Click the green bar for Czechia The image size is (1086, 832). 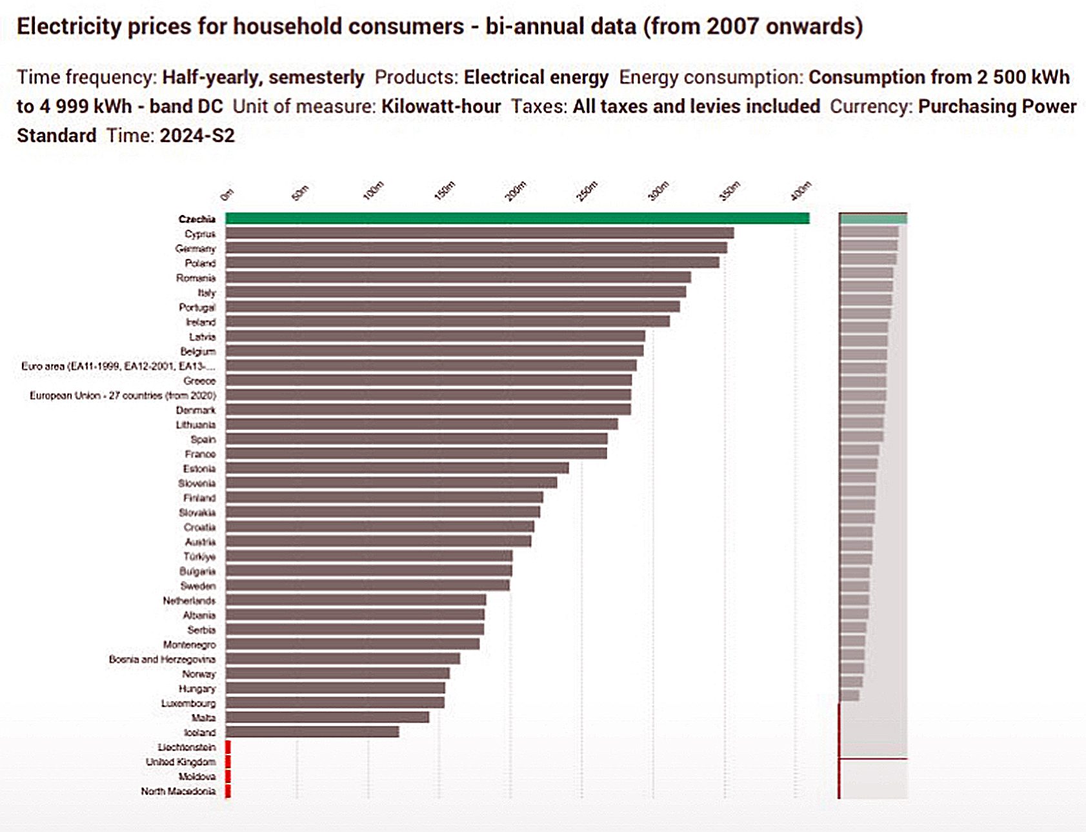coord(516,219)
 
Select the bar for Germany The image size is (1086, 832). coord(476,248)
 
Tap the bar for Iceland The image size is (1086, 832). coord(312,732)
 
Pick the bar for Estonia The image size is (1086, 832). coord(397,468)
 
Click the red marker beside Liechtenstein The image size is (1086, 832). coord(228,747)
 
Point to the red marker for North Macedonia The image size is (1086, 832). coord(228,791)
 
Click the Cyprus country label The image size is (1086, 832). coord(200,234)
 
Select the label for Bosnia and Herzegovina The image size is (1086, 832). coord(162,659)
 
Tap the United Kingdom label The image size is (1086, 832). coord(181,762)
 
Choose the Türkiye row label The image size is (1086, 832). coord(199,556)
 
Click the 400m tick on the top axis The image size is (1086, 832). coord(801,191)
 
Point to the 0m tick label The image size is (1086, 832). coord(226,194)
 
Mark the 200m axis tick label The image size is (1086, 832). coord(516,191)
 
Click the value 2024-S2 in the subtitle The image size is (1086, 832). coord(197,136)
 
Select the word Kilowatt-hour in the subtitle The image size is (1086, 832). coord(441,107)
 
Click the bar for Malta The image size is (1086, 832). coord(327,717)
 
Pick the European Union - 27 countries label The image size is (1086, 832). coord(123,395)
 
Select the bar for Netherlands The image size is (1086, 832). coord(356,600)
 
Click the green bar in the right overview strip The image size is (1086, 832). coord(873,219)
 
